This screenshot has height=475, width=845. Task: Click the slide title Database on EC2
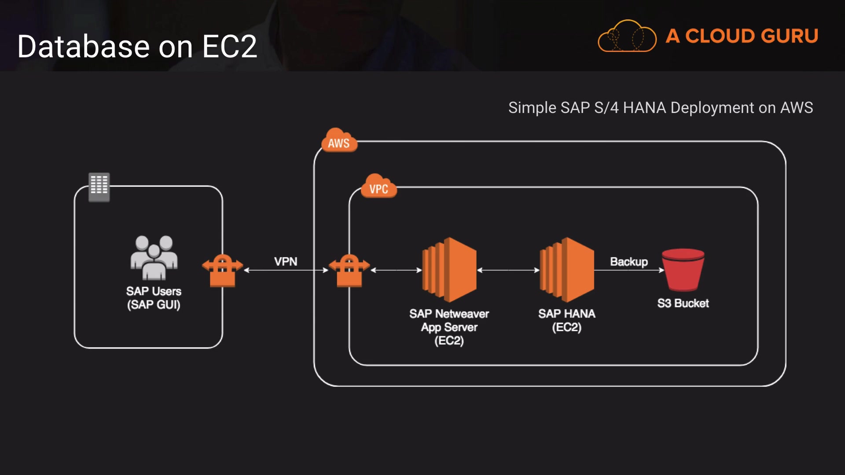[137, 47]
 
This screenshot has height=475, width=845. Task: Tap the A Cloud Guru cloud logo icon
[627, 37]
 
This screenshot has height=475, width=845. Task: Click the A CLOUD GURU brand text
[742, 36]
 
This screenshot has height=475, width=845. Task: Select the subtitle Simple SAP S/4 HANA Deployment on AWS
[660, 108]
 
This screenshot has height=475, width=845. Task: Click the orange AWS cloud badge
[338, 141]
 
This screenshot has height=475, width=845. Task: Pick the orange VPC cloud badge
[378, 187]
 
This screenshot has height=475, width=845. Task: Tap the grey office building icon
[99, 186]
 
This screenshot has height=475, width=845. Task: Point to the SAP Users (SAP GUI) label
[154, 298]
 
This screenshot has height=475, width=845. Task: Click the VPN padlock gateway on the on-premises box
[222, 270]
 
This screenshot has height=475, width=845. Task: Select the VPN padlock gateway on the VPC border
[349, 270]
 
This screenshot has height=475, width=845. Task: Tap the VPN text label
[286, 262]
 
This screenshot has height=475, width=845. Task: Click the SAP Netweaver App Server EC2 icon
[449, 269]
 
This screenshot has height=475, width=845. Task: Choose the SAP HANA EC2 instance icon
[567, 269]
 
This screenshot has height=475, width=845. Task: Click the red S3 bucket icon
[683, 270]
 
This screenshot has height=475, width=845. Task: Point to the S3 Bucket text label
[683, 303]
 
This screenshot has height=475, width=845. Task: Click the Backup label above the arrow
[628, 262]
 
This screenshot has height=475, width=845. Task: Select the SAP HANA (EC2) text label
[567, 320]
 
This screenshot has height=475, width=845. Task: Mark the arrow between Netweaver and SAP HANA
[508, 270]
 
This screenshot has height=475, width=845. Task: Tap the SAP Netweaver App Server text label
[449, 327]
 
